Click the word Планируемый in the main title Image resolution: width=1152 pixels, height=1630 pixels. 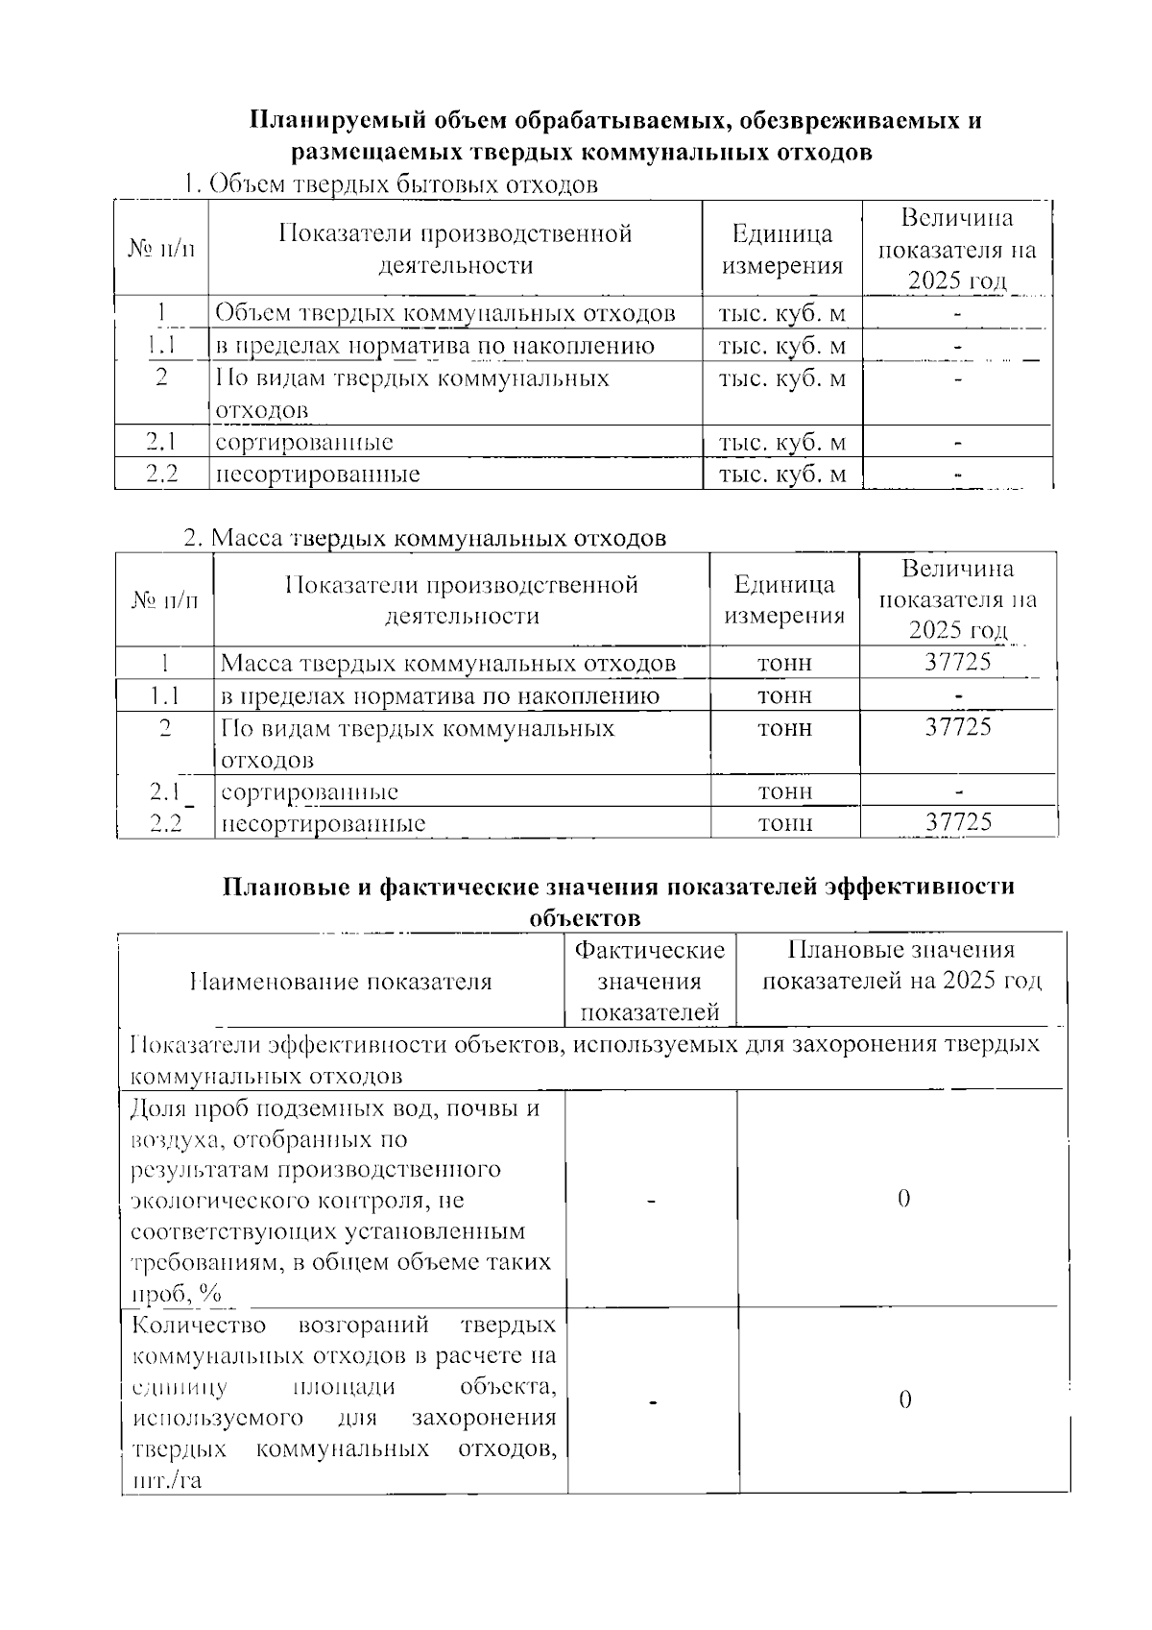coord(313,121)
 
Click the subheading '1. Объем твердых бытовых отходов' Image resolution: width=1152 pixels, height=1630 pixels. coord(391,184)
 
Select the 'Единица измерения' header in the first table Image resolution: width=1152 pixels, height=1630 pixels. coord(781,249)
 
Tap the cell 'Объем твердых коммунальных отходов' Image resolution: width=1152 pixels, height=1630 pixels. coord(444,313)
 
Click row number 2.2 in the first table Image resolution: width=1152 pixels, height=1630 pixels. coord(161,474)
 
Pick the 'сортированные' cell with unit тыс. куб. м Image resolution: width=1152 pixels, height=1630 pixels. coord(304,442)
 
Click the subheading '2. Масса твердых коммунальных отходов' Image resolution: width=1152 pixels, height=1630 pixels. coord(424,537)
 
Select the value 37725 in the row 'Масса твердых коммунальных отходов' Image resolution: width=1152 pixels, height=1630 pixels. coord(957,662)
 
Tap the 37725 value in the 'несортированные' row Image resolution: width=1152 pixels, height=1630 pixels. coord(957,821)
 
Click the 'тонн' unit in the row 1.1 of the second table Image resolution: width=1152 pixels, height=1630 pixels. coord(784,694)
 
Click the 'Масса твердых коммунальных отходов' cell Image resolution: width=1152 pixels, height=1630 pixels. coord(447,664)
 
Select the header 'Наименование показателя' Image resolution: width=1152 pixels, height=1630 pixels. coord(341,981)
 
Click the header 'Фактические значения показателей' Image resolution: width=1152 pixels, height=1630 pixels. coord(649,981)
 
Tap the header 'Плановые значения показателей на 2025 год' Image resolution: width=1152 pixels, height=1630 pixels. coord(900,965)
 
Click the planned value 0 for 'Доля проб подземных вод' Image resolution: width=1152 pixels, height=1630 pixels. coord(902,1198)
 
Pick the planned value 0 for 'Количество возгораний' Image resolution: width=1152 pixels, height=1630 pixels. coord(903,1399)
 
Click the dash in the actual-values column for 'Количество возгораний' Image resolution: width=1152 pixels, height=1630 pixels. coord(653,1402)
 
